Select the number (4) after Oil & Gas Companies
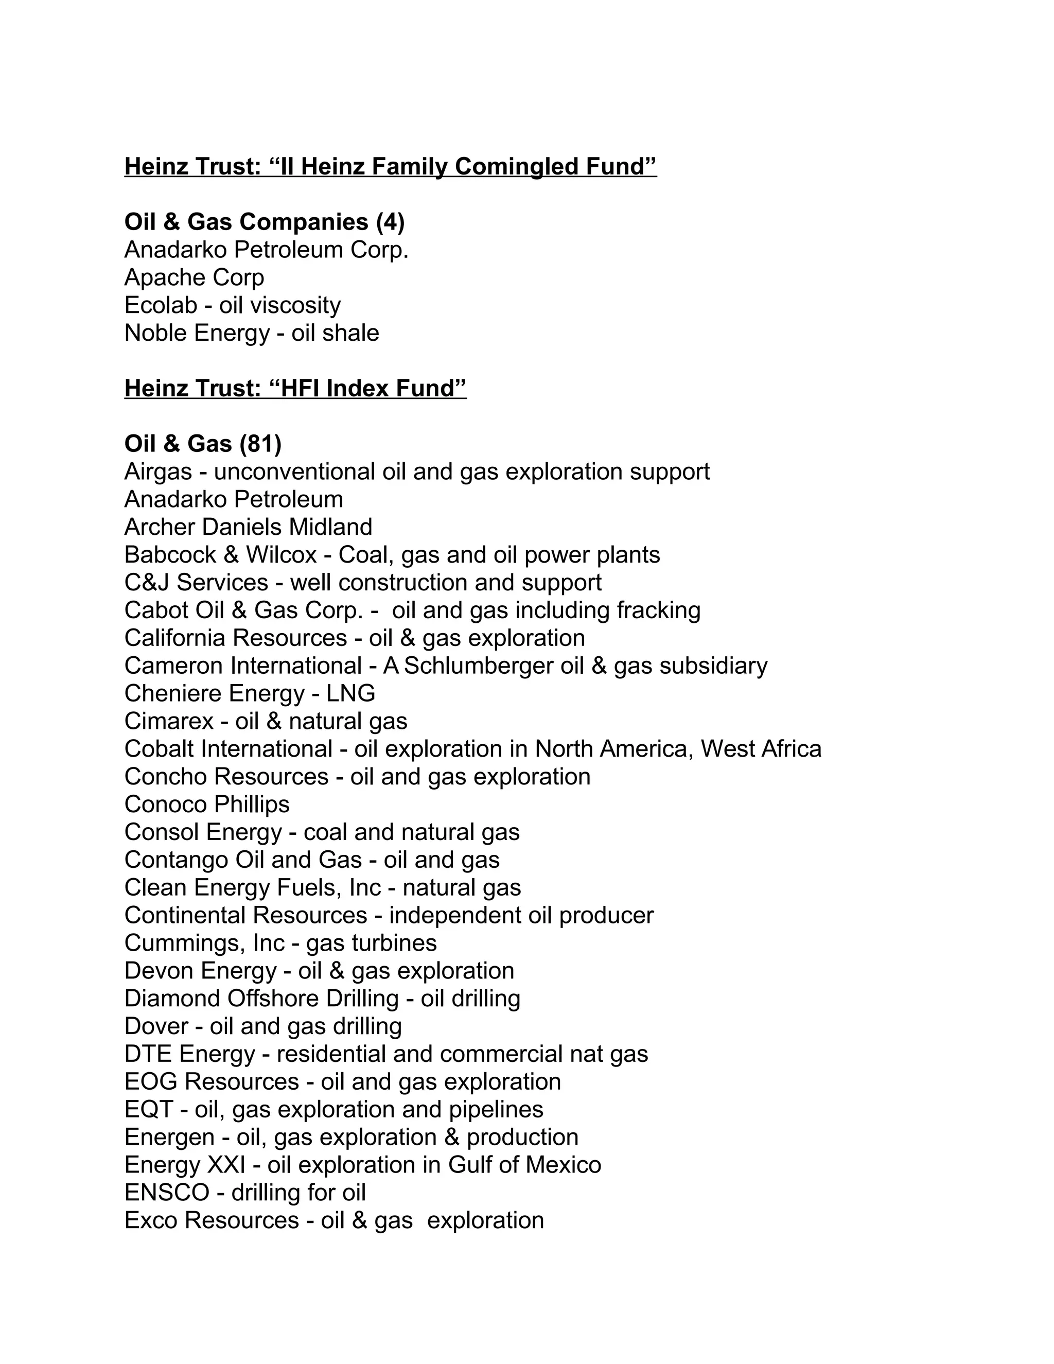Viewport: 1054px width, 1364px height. click(390, 222)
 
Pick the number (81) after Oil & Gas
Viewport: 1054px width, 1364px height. click(260, 444)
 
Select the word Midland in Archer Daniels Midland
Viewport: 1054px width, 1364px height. click(331, 527)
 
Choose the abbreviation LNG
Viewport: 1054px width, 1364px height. click(350, 693)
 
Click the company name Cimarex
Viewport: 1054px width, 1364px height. click(169, 721)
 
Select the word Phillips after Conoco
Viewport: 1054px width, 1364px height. click(255, 805)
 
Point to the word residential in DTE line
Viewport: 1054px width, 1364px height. click(331, 1054)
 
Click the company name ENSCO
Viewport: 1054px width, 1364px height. click(167, 1193)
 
